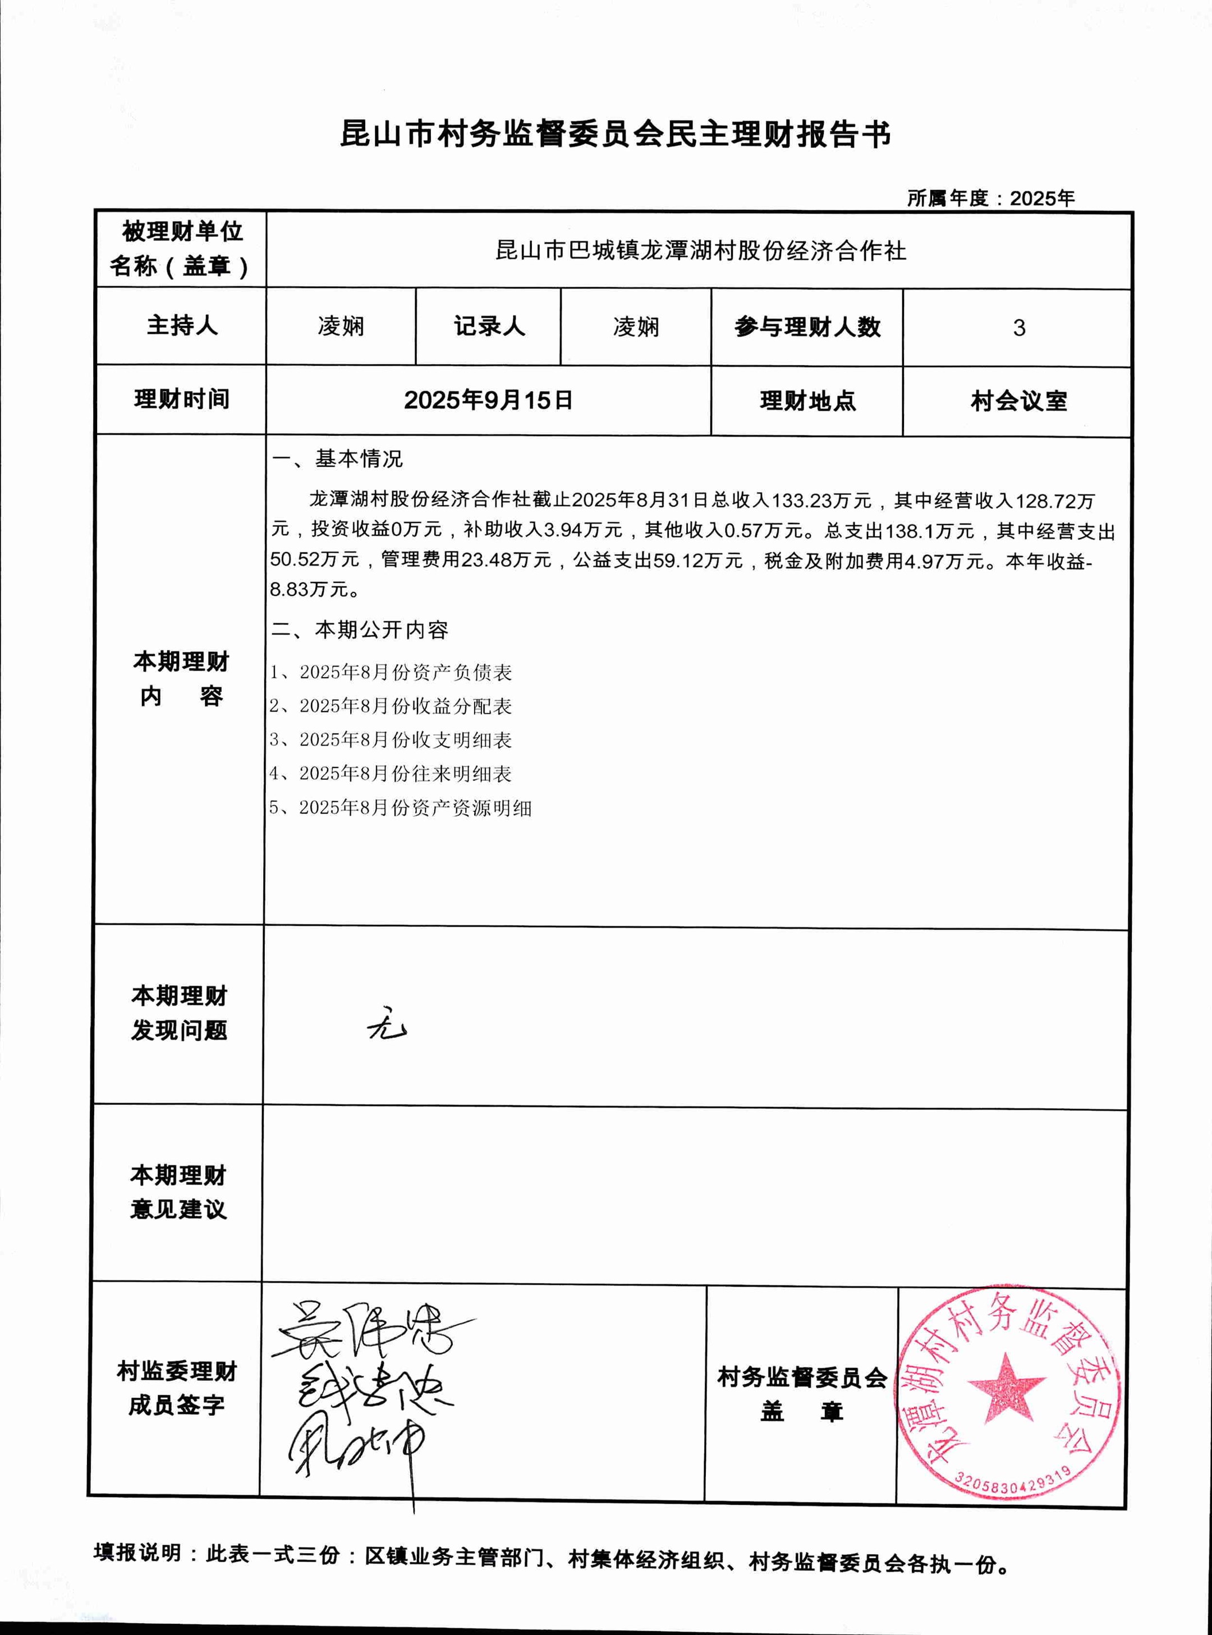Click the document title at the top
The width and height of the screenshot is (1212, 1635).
tap(615, 134)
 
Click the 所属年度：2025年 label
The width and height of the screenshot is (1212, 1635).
tap(990, 198)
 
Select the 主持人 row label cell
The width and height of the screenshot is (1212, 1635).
tap(182, 325)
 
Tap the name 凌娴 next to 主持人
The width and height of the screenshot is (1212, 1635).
tap(341, 327)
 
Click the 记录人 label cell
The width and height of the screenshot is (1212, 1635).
tap(489, 327)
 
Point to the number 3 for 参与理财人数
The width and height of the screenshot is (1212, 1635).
tap(1018, 328)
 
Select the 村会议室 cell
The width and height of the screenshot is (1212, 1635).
tap(1018, 401)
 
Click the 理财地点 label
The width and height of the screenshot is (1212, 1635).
tap(807, 401)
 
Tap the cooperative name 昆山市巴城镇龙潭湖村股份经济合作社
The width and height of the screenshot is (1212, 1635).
tap(701, 251)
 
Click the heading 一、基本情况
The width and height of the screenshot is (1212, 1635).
tap(337, 459)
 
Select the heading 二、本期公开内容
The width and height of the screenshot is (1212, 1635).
tap(360, 630)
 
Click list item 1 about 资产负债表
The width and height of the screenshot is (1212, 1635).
tap(391, 672)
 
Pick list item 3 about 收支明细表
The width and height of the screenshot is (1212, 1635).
tap(391, 740)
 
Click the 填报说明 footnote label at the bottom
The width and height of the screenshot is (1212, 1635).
tap(137, 1553)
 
